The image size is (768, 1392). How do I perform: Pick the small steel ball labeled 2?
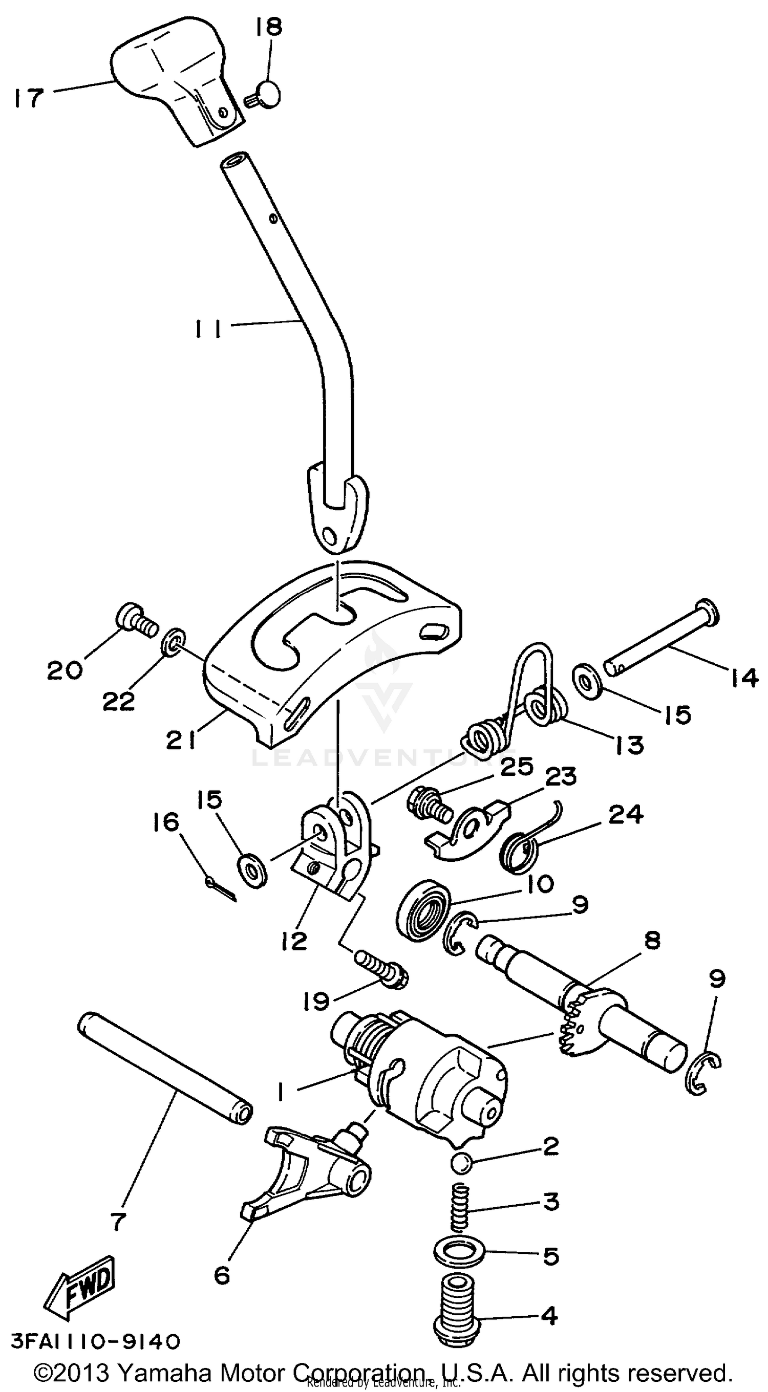tap(461, 1162)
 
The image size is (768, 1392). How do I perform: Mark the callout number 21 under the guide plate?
tap(181, 740)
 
